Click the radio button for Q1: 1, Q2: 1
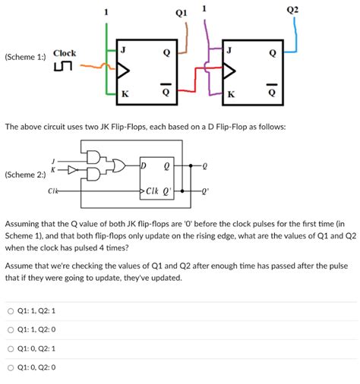[x=11, y=311]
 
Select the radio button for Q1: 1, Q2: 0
[x=11, y=330]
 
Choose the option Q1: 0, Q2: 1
[x=11, y=349]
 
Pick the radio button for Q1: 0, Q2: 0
[x=11, y=368]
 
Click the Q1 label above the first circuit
[x=180, y=11]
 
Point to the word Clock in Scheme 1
[x=64, y=53]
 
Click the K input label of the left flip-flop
[x=124, y=95]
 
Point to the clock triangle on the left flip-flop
[x=122, y=72]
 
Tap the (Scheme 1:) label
[x=25, y=56]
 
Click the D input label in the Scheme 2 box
[x=144, y=165]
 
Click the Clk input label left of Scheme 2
[x=52, y=193]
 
